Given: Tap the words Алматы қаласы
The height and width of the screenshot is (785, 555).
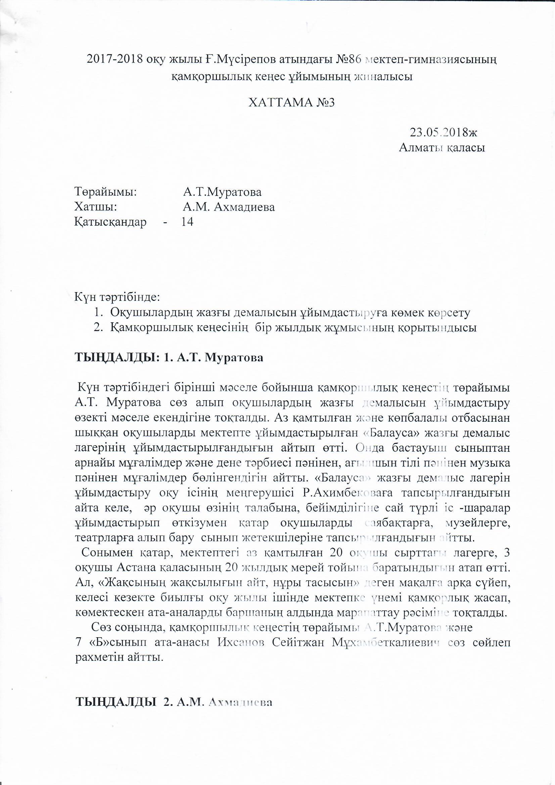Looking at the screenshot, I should tap(442, 148).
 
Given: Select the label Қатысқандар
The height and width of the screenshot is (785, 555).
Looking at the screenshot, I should tap(110, 222).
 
